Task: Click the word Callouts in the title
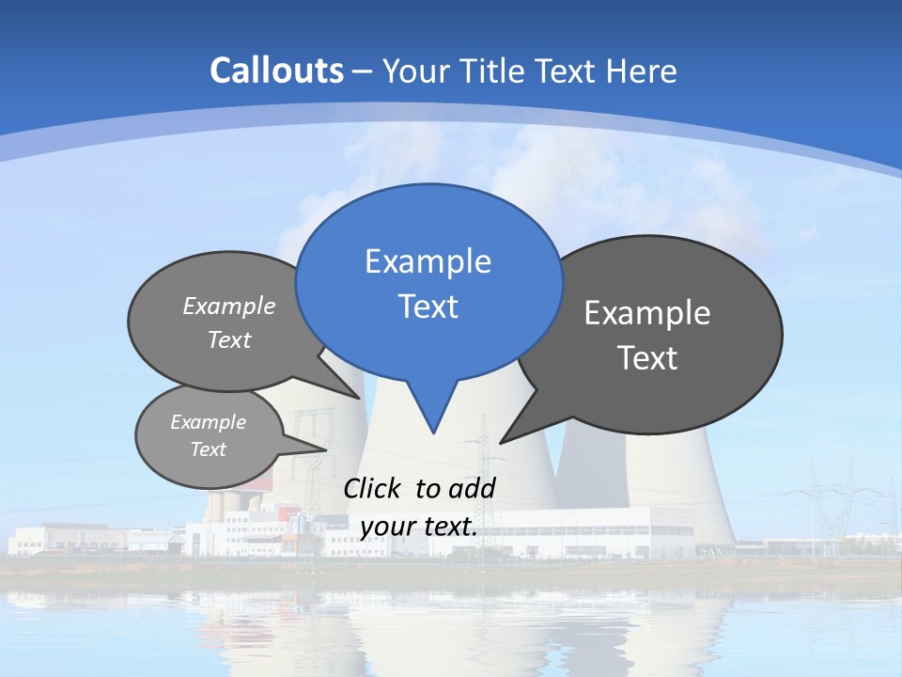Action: (276, 71)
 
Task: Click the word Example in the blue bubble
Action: (428, 261)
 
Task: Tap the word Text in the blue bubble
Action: (428, 307)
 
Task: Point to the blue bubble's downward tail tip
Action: (433, 433)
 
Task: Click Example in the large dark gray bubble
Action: (647, 313)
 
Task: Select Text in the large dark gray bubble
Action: (647, 358)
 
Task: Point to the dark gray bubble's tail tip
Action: (501, 442)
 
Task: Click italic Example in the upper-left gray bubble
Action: (229, 307)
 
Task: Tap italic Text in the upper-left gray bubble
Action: (229, 340)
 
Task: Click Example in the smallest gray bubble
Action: (208, 422)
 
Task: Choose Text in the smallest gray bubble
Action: (208, 449)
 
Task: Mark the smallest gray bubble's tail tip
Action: (326, 449)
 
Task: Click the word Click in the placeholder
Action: (374, 488)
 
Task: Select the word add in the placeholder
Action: (472, 488)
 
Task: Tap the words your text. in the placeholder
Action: (419, 527)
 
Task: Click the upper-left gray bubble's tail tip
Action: (361, 398)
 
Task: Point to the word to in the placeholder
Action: (428, 488)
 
